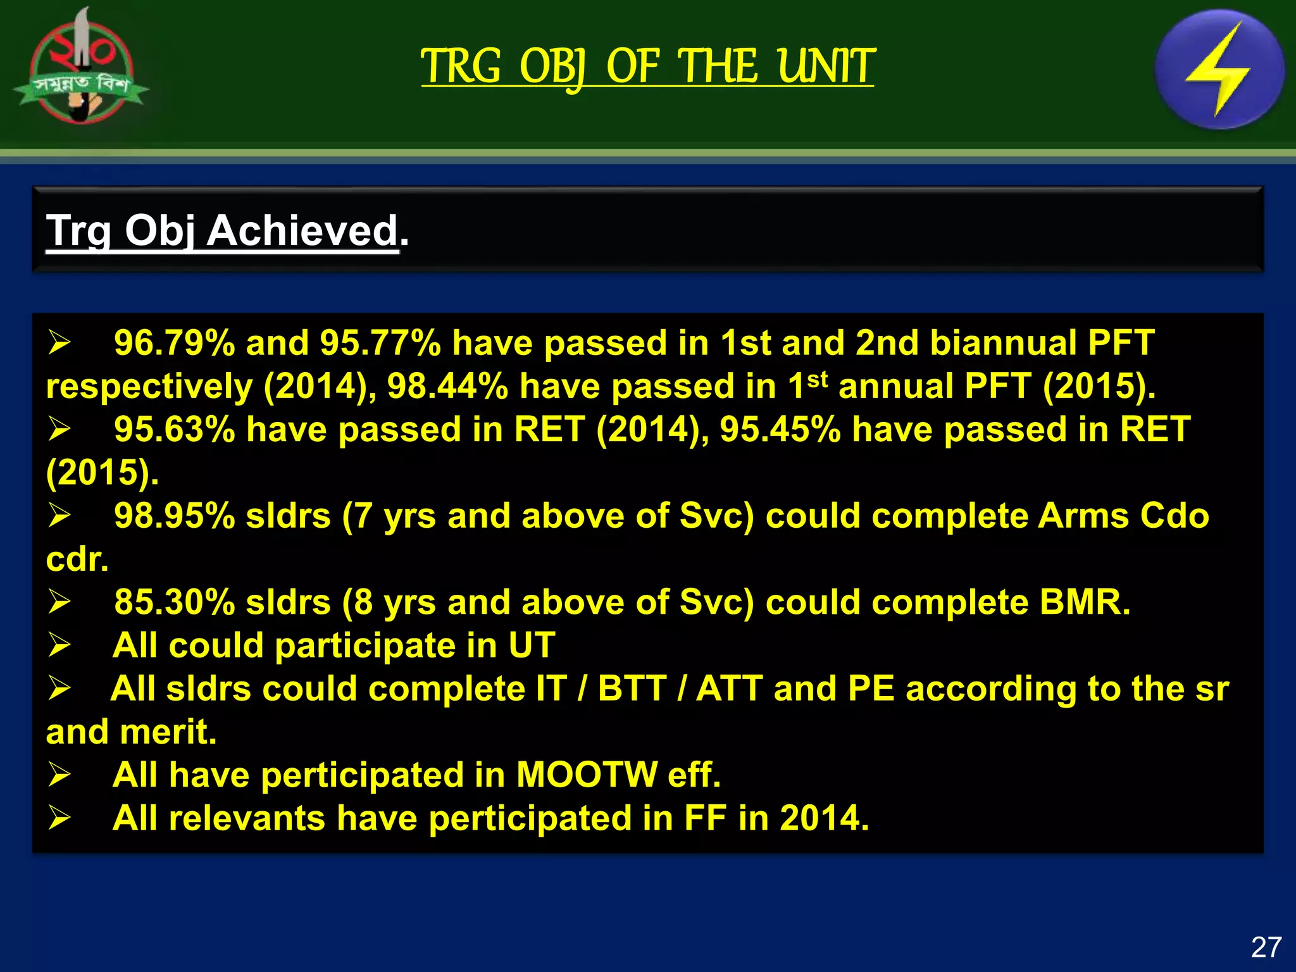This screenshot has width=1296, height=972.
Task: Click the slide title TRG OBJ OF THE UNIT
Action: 647,66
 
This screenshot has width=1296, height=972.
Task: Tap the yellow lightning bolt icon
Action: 1219,70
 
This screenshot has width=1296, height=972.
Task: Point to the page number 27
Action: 1266,947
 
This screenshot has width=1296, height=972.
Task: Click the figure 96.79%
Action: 174,344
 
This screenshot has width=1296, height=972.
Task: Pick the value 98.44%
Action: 447,387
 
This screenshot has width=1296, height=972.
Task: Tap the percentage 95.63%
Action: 174,430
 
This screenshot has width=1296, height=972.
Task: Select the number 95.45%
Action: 780,430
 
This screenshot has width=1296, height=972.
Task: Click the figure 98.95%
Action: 174,516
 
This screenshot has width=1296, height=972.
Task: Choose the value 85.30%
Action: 174,602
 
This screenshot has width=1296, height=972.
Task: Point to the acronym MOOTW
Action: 586,775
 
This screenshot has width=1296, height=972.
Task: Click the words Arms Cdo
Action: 1123,516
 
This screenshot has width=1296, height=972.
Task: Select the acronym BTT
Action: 632,688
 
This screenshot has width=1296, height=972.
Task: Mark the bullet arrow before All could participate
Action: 59,645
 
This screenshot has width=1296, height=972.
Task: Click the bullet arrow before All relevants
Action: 59,818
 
